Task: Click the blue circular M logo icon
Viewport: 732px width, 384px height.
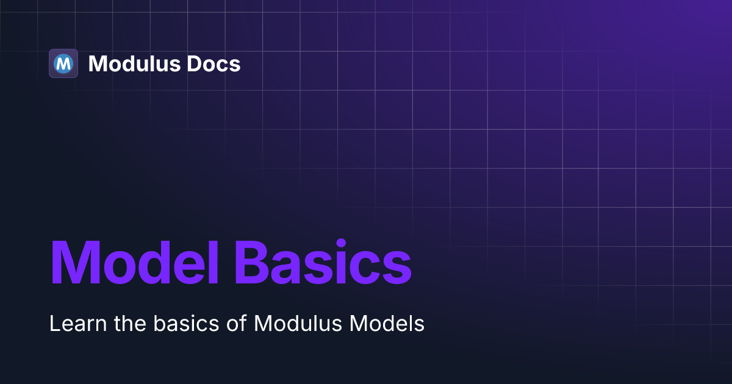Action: coord(63,63)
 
